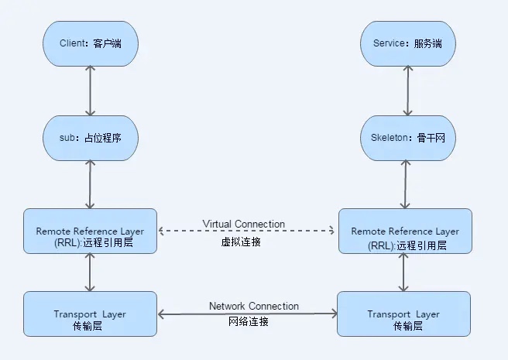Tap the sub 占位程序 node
click(90, 138)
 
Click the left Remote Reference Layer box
click(90, 231)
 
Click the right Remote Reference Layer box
click(404, 231)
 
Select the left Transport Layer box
click(90, 314)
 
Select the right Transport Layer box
click(404, 314)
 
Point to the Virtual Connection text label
click(244, 224)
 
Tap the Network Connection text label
click(253, 306)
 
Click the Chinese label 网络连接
click(250, 322)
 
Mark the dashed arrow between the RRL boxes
click(246, 231)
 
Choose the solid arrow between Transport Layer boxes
click(247, 314)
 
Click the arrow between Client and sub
click(91, 91)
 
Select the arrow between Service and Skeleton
click(404, 91)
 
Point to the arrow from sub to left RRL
click(91, 184)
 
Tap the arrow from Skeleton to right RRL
click(404, 184)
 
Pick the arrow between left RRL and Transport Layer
click(91, 272)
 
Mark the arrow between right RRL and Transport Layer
click(404, 272)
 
